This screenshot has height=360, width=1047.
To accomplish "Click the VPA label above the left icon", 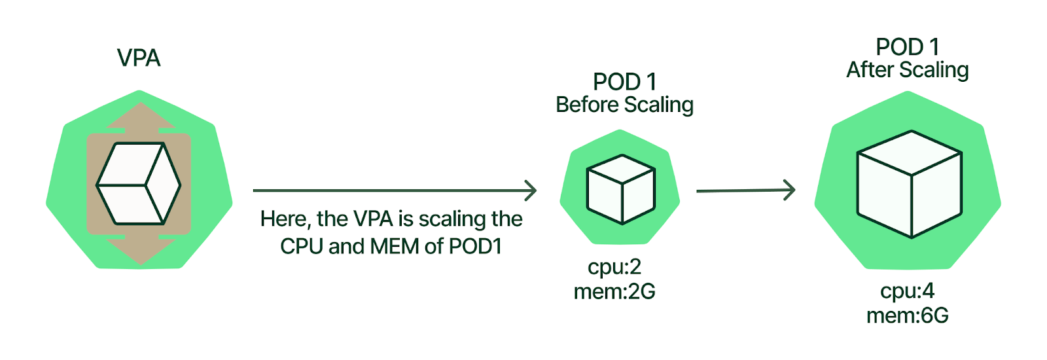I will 139,58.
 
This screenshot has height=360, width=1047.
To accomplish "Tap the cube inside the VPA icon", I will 139,184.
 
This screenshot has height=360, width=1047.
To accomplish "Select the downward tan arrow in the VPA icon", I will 140,251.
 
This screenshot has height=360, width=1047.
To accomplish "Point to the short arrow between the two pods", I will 745,190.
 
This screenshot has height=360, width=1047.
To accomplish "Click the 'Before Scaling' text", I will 624,105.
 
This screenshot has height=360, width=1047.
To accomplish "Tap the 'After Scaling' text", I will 907,70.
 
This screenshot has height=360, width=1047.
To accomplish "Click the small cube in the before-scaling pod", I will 620,189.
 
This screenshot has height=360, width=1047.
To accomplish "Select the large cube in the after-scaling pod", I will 909,184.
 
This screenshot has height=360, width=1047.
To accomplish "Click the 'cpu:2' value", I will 614,267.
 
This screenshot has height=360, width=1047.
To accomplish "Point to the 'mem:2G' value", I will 614,291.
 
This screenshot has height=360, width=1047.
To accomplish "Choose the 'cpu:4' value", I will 907,291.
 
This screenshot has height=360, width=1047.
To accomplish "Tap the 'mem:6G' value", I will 907,315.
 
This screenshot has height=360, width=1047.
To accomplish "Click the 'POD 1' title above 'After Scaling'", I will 907,47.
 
